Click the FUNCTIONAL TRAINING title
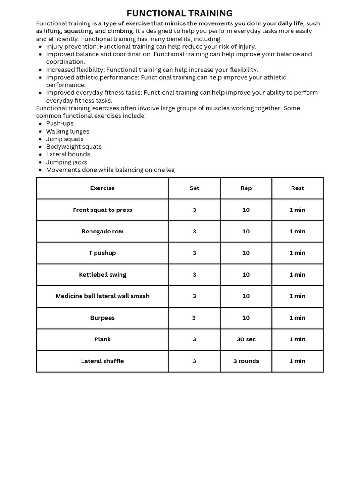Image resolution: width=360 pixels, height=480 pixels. [180, 14]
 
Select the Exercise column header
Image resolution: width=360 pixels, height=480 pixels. [102, 188]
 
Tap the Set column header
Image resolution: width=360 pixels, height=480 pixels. [195, 188]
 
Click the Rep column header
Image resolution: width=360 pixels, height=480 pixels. [246, 188]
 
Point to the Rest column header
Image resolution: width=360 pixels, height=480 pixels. [298, 188]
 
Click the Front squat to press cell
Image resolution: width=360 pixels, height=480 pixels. [102, 210]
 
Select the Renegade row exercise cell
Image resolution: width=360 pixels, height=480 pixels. [102, 231]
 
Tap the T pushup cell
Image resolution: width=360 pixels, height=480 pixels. [102, 253]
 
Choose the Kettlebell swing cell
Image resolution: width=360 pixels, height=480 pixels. [102, 275]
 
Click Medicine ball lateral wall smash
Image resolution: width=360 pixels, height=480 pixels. [102, 296]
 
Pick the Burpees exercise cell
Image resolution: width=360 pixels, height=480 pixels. [102, 318]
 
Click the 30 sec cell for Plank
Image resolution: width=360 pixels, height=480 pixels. [246, 339]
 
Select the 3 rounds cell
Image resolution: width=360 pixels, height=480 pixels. [246, 361]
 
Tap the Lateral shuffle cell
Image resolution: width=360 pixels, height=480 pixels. [102, 361]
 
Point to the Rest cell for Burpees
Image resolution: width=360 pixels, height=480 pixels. [298, 318]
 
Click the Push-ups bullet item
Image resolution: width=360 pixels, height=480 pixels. [60, 123]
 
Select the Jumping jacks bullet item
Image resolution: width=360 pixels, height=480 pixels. [67, 162]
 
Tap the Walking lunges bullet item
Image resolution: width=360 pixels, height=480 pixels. [67, 131]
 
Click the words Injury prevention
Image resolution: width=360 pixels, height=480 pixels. [72, 46]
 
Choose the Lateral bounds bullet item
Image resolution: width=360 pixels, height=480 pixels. [68, 154]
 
